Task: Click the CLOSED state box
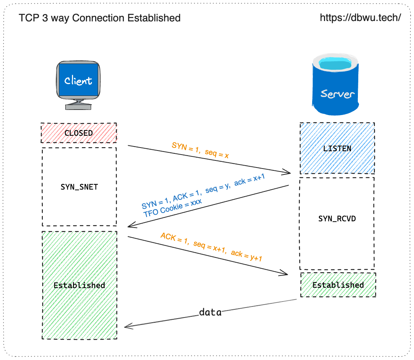[x=79, y=133]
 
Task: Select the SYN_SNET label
[x=79, y=187]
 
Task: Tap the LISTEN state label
[x=337, y=148]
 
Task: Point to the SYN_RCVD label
[x=337, y=218]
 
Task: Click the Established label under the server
[x=338, y=285]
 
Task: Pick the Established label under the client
[x=79, y=285]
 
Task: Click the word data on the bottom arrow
[x=210, y=312]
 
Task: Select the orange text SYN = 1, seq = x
[x=200, y=150]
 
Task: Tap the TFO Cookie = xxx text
[x=173, y=208]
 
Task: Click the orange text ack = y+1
[x=246, y=255]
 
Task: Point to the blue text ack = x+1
[x=249, y=180]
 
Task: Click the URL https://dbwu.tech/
[x=360, y=18]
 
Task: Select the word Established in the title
[x=154, y=18]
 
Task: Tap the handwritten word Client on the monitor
[x=78, y=80]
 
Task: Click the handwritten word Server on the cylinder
[x=337, y=94]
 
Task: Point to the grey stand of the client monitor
[x=78, y=104]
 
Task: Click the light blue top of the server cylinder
[x=335, y=64]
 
